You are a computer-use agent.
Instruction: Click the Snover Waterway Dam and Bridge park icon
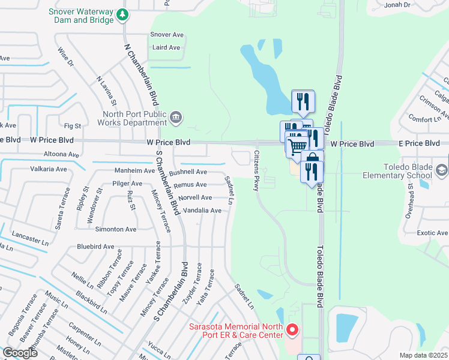123,13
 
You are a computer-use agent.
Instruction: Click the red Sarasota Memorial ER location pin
292,329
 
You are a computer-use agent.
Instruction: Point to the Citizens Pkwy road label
256,171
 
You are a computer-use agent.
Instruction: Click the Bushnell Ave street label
187,172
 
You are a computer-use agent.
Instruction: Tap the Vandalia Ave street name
202,211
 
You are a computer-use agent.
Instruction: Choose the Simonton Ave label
119,229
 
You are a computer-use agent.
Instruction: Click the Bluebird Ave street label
95,247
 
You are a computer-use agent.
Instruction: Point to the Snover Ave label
167,35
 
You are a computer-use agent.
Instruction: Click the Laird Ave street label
166,47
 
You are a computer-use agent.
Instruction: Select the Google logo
20,353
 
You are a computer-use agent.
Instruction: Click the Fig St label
72,126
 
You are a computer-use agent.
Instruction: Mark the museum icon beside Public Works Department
176,117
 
